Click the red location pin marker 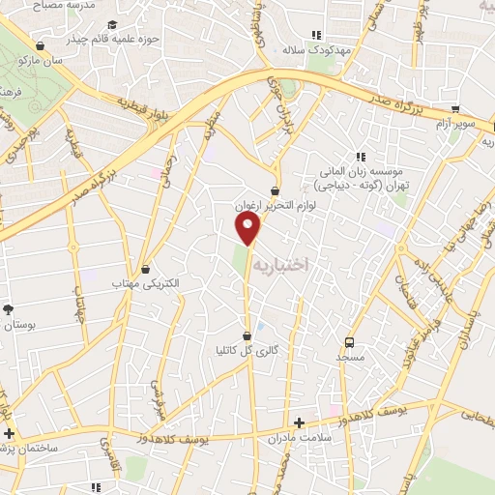(249, 227)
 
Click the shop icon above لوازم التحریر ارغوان (277, 191)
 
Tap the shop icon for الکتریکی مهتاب (146, 270)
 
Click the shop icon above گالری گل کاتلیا (247, 335)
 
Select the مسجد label (349, 358)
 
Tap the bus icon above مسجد (349, 341)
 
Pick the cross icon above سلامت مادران (299, 422)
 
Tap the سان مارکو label (40, 60)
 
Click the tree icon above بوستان (9, 309)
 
